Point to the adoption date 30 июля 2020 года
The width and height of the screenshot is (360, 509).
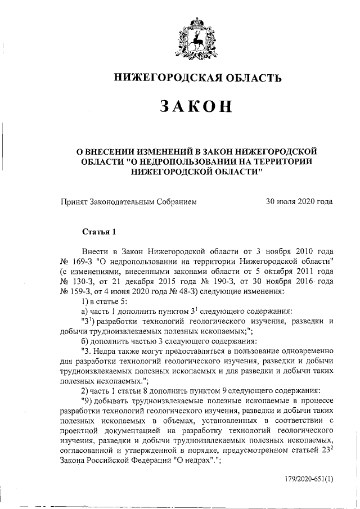tap(299, 201)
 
